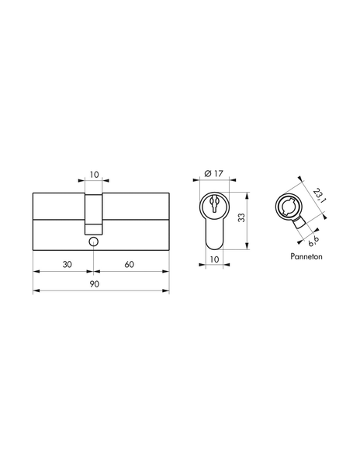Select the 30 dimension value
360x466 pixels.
click(67, 265)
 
